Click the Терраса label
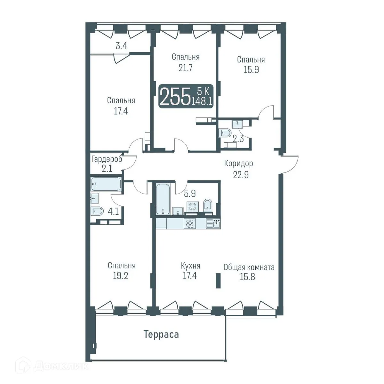pos(161,335)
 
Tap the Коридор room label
pos(238,164)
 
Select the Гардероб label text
pos(107,159)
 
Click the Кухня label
pos(190,266)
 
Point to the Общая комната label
pos(249,267)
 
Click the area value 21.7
pos(186,68)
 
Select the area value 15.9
pos(251,70)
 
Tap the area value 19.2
pos(120,276)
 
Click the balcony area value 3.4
pos(121,46)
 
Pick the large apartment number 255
pos(175,97)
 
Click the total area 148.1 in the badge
pos(202,101)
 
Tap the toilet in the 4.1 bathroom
pos(97,211)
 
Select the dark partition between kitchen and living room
pos(218,281)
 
